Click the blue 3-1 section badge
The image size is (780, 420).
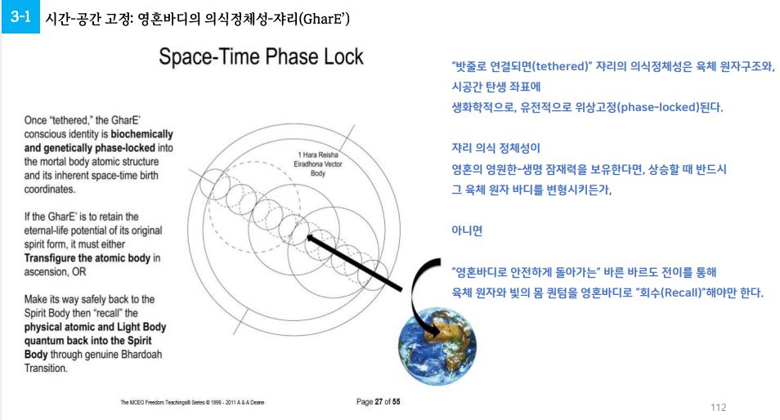(20, 17)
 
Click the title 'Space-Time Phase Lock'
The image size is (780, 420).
(261, 56)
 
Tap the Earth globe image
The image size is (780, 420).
(437, 346)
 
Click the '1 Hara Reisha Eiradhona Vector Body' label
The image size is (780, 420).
(318, 164)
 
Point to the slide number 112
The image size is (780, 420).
(719, 408)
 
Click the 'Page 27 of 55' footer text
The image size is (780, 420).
(378, 401)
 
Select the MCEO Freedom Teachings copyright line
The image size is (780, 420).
(192, 402)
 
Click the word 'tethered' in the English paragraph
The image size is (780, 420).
(72, 120)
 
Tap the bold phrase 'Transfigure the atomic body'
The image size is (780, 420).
(87, 258)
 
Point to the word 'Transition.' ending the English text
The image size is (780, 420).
(46, 369)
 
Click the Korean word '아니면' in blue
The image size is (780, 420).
(467, 231)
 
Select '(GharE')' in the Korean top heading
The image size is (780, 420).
(325, 19)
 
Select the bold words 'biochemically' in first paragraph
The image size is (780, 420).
(141, 134)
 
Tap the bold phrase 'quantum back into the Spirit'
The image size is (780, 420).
(88, 341)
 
